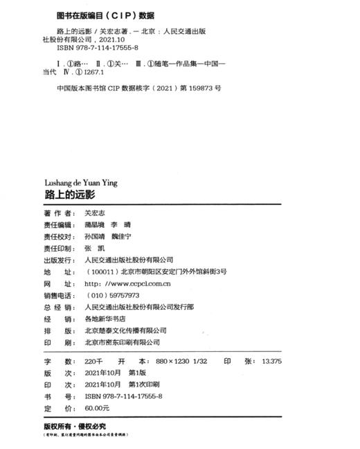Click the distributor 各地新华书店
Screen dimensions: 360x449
(106, 319)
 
